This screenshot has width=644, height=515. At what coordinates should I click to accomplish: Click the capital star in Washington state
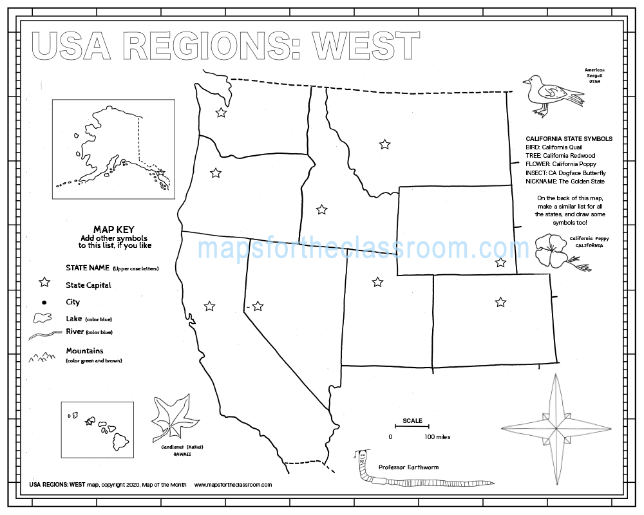pyautogui.click(x=221, y=113)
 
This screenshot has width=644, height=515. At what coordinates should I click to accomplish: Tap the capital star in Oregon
pyautogui.click(x=216, y=173)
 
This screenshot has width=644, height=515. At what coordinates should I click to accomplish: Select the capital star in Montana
pyautogui.click(x=384, y=144)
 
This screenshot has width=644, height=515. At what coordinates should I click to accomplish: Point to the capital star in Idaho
pyautogui.click(x=321, y=209)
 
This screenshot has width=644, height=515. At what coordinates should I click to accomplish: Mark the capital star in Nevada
pyautogui.click(x=258, y=306)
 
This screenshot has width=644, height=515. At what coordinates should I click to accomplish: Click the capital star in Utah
pyautogui.click(x=377, y=282)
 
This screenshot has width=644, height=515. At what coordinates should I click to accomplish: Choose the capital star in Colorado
pyautogui.click(x=500, y=301)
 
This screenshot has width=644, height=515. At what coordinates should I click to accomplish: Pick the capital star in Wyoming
pyautogui.click(x=500, y=262)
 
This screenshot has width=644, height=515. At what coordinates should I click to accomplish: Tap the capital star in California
pyautogui.click(x=209, y=306)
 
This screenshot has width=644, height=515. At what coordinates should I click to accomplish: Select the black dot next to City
pyautogui.click(x=44, y=302)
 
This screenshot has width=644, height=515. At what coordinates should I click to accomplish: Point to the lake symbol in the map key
pyautogui.click(x=43, y=318)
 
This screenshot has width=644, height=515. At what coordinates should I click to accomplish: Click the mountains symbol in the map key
pyautogui.click(x=43, y=355)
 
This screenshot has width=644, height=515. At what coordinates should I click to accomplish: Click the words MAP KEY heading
pyautogui.click(x=113, y=229)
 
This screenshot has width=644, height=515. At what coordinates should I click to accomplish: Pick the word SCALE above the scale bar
pyautogui.click(x=413, y=421)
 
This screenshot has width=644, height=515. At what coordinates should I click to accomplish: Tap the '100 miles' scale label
pyautogui.click(x=437, y=437)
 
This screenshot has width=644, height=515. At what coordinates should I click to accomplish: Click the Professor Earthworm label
pyautogui.click(x=408, y=467)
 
